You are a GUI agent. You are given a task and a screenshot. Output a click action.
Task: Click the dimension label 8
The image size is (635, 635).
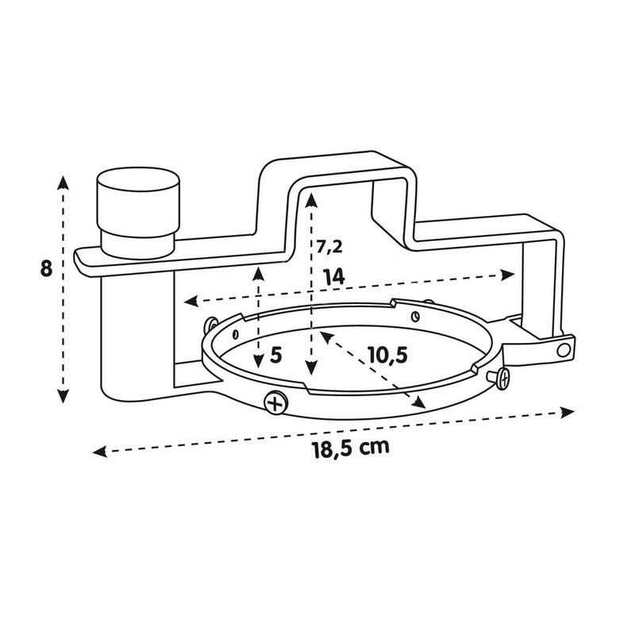coord(46,268)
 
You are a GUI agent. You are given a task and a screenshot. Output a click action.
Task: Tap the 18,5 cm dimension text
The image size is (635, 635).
coord(351,448)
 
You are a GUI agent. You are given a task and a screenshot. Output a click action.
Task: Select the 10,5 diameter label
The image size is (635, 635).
coord(388,355)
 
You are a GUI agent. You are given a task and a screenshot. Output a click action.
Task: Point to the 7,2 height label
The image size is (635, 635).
coord(329,247)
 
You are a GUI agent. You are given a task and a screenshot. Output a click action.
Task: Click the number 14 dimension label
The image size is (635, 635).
coord(333,277)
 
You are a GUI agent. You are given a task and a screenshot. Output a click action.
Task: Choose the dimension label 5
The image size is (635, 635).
coord(275,355)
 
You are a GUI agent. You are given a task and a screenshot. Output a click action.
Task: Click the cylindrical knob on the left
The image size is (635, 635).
coord(137,213)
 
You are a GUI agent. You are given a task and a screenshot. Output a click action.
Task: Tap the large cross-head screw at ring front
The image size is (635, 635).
coord(275,402)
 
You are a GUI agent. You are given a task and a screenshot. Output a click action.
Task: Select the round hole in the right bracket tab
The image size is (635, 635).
coord(564,349)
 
